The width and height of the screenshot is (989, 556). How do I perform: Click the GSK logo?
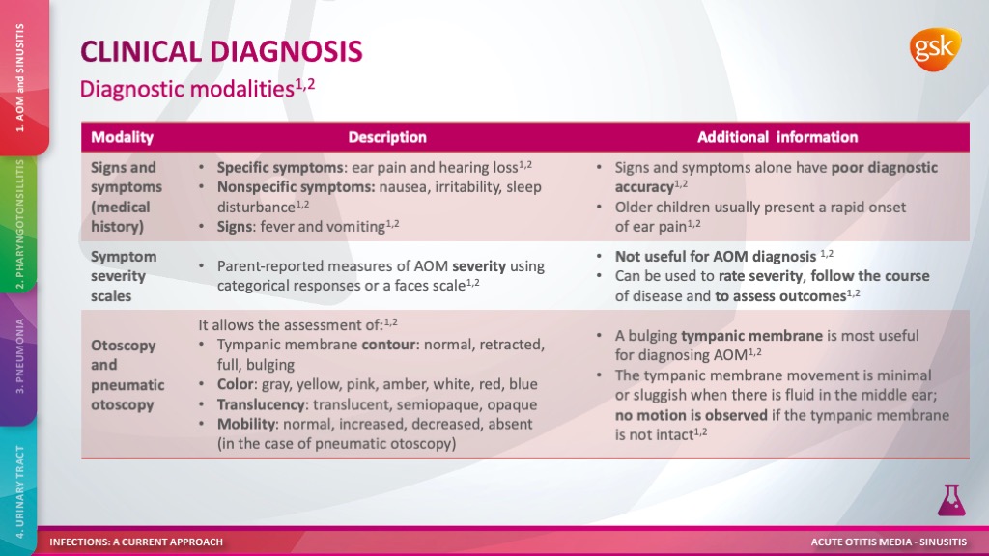[935, 49]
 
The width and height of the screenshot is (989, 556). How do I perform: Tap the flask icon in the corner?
[951, 501]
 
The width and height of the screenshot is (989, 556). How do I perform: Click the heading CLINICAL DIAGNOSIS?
[221, 52]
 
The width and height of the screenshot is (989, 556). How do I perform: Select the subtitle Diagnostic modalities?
[187, 89]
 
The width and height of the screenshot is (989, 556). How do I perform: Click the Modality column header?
[123, 137]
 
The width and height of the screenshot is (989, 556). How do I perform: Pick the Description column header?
[387, 137]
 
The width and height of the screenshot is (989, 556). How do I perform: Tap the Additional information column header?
[777, 137]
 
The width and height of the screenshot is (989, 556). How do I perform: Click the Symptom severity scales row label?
[124, 276]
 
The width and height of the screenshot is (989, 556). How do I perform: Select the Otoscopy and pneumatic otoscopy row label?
[127, 375]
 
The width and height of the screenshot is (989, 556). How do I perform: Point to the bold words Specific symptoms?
[279, 168]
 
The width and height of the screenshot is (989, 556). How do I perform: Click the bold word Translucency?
[261, 404]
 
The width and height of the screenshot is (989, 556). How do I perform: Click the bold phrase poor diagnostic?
[885, 168]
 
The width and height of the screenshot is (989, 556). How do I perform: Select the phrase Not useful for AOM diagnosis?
[716, 257]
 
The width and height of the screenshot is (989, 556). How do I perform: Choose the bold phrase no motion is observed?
[692, 415]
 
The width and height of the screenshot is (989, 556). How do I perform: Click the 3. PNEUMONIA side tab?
[20, 357]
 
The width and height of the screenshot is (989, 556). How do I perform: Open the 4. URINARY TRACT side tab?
[20, 491]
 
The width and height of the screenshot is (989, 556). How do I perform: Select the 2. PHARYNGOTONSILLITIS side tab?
[20, 224]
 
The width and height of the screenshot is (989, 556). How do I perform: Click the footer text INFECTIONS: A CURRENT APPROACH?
[136, 542]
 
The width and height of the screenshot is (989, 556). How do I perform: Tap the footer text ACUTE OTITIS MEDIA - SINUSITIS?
[889, 542]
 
